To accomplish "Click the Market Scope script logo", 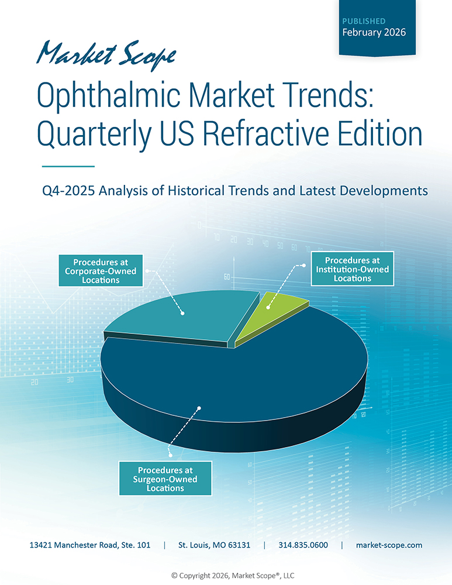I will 105,53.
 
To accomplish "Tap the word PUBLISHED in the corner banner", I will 364,21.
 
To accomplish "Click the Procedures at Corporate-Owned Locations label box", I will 101,271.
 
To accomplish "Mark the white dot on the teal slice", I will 183,314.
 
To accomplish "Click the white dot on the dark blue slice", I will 200,408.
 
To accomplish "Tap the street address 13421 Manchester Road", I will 90,545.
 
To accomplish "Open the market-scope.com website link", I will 389,545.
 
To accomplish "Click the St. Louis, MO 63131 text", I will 214,545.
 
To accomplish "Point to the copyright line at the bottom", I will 226,576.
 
